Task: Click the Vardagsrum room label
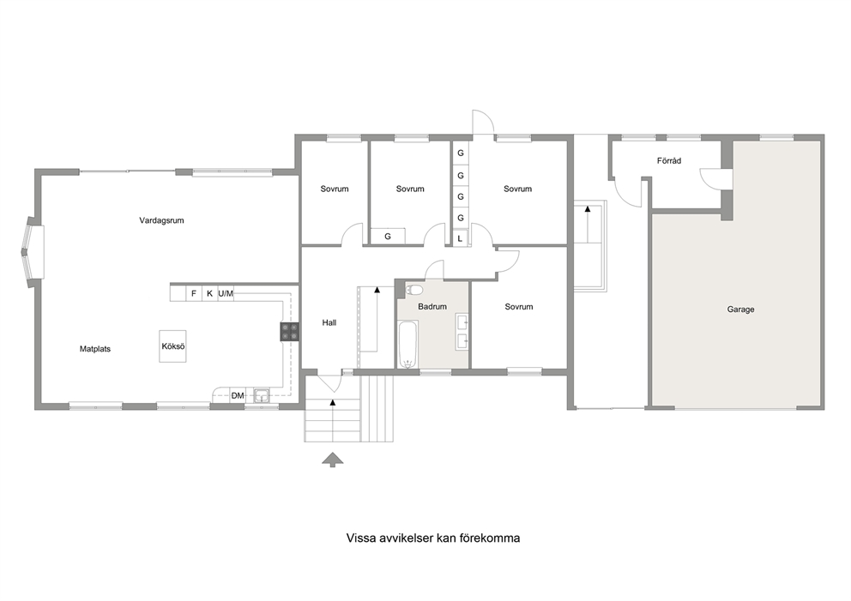tap(161, 220)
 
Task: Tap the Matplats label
tap(95, 349)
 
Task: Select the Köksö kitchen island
tap(172, 346)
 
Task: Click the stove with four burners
tap(289, 332)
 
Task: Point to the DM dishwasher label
tap(238, 396)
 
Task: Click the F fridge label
tap(194, 294)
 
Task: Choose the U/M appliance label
tap(226, 294)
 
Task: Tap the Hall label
tap(329, 322)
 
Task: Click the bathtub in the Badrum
tap(407, 345)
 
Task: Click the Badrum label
tap(432, 306)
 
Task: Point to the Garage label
tap(741, 310)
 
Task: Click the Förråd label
tap(668, 161)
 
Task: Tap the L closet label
tap(460, 238)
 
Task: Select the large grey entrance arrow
tap(333, 460)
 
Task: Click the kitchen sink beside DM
tap(262, 396)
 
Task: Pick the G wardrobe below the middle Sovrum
tap(388, 237)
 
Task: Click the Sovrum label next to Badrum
tap(518, 307)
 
